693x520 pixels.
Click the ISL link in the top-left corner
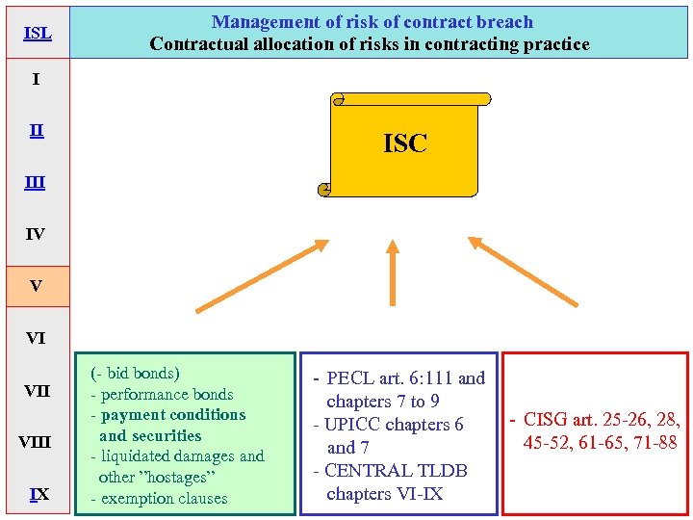coord(37,34)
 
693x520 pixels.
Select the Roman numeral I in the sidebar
coord(36,79)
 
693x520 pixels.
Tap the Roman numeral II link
coord(36,131)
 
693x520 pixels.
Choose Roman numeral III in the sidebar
coord(36,182)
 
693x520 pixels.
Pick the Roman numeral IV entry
coord(36,234)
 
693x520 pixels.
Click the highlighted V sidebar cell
coord(37,286)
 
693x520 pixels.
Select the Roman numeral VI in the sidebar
coord(36,338)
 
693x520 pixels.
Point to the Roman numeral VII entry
coord(37,391)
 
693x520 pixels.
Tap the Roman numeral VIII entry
coord(36,443)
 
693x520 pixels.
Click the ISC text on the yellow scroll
coord(404,144)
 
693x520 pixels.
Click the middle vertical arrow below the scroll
coord(392,273)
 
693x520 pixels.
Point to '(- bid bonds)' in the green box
coord(135,374)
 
